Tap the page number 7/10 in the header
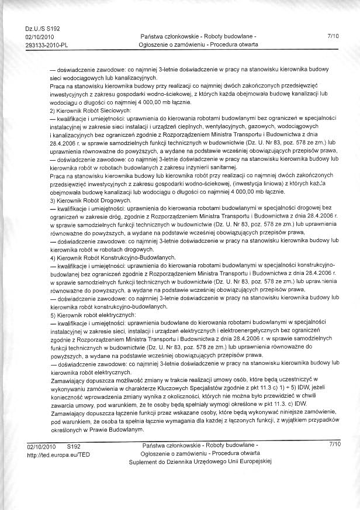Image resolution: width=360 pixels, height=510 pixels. (334, 36)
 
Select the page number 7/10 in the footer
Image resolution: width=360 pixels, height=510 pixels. (334, 446)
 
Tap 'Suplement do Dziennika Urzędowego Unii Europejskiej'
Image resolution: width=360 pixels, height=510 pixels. (201, 462)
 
